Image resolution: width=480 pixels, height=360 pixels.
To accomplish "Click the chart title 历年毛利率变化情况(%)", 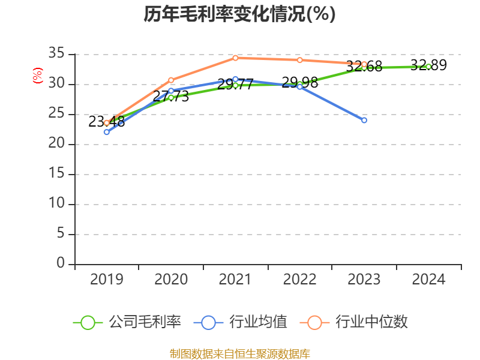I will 239,14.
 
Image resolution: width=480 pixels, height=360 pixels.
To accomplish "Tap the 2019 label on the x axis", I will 107,279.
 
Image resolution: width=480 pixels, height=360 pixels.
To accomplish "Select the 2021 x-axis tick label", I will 235,279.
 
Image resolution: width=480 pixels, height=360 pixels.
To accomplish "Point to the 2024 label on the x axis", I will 428,279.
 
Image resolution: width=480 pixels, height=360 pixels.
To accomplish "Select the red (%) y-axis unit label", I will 38,76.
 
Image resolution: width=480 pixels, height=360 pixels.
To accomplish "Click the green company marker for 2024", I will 428,67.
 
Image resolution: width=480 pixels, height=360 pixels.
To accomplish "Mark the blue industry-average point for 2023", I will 364,120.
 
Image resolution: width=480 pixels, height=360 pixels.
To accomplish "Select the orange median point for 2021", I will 235,58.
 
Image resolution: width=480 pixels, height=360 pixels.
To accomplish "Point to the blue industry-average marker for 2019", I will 107,132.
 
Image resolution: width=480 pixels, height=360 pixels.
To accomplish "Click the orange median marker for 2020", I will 171,80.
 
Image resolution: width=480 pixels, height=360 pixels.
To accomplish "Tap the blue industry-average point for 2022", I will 300,86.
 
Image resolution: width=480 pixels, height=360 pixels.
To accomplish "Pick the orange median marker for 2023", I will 364,64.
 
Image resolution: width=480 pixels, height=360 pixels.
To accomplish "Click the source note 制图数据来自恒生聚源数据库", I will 239,353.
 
